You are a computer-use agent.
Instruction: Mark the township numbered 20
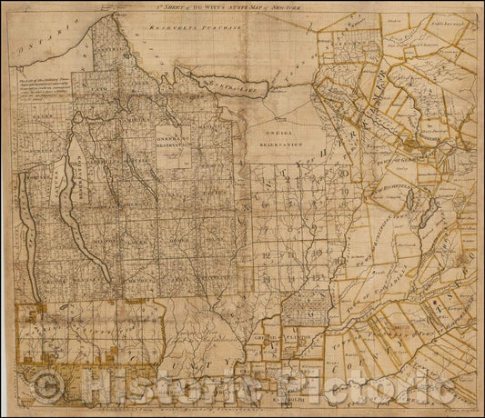coord(341,173)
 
